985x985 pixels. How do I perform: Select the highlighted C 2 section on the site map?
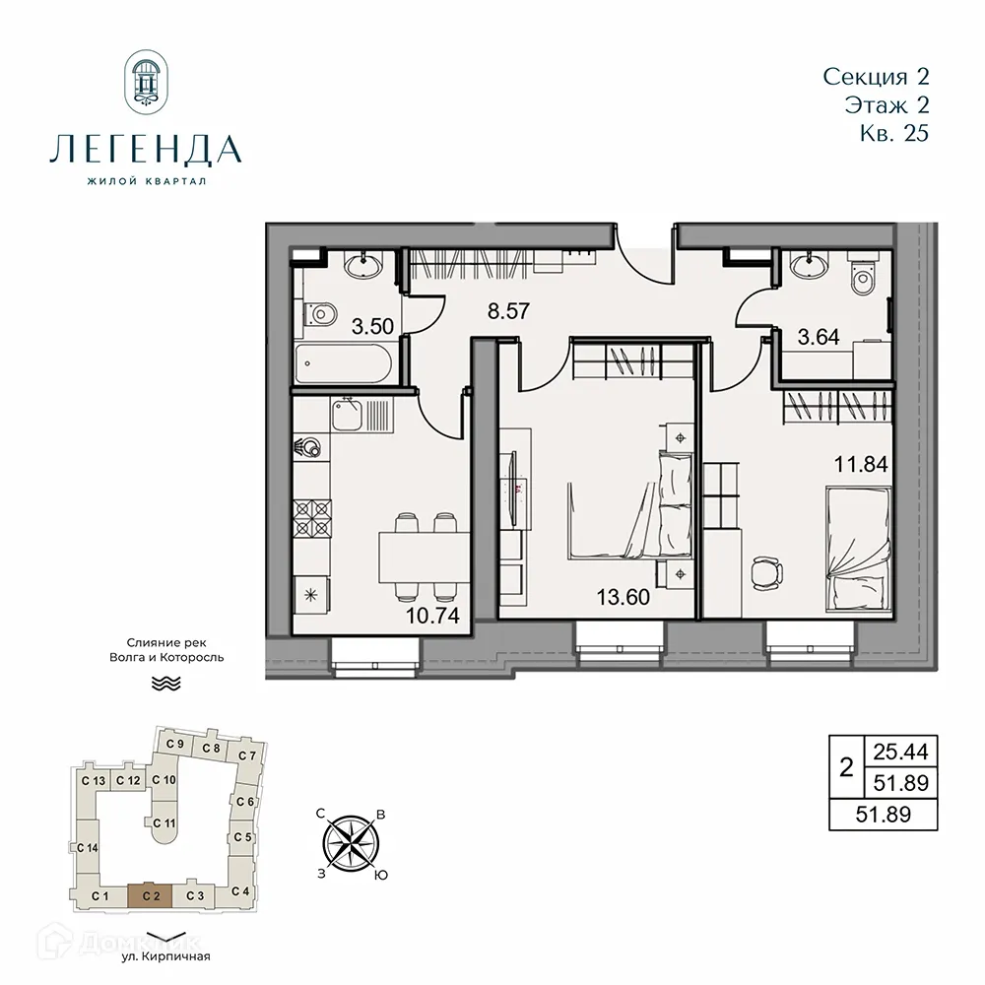(x=150, y=895)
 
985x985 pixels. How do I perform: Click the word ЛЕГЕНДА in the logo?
(x=145, y=150)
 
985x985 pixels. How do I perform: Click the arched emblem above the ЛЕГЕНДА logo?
(x=146, y=83)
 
